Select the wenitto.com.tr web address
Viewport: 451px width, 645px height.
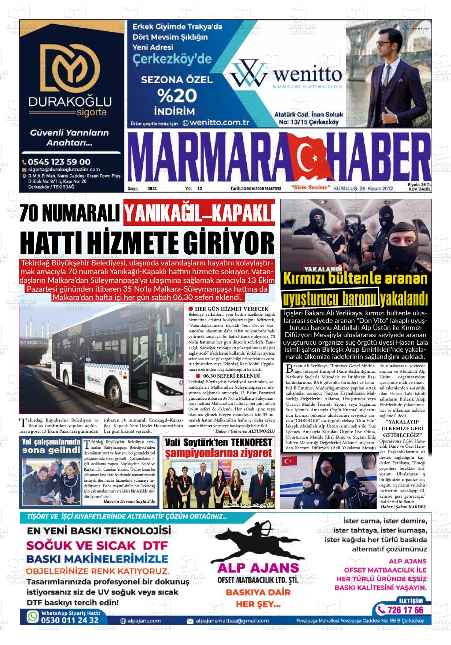(x=216, y=123)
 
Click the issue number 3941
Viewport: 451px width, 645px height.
(x=152, y=189)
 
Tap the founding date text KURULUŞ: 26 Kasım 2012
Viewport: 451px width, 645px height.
(x=363, y=189)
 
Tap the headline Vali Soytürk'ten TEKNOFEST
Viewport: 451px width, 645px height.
(x=218, y=442)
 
